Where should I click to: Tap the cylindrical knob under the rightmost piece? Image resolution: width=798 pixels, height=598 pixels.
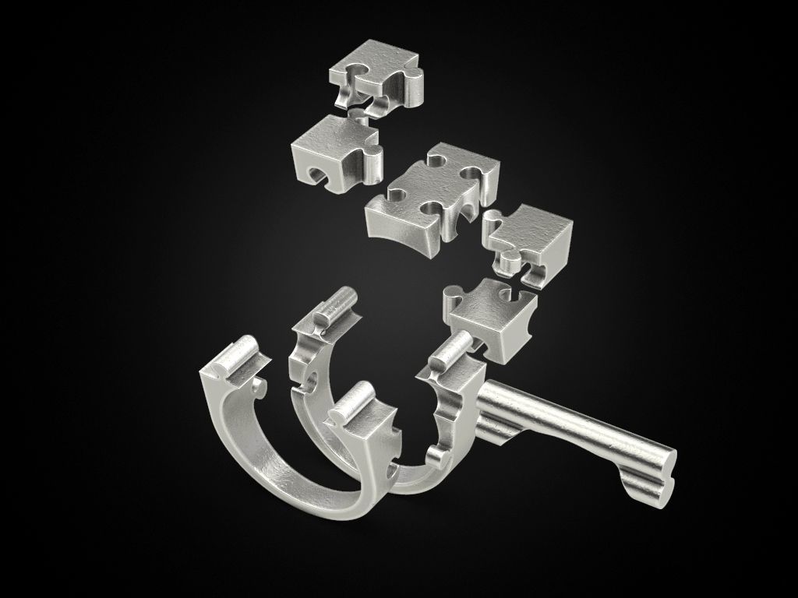click(x=510, y=263)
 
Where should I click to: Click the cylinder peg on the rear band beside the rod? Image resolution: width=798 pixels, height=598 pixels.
click(x=452, y=351)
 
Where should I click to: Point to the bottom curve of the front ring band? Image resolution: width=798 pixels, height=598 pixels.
click(x=312, y=498)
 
